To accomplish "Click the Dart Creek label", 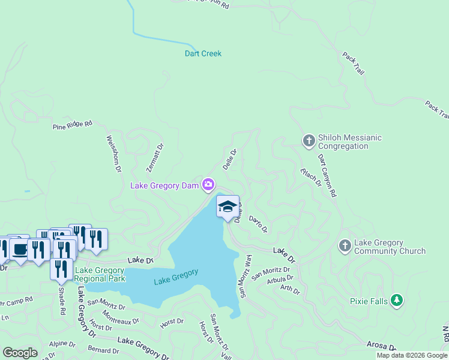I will [202, 54].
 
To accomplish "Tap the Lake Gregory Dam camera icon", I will [208, 184].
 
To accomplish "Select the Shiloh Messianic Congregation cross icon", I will [309, 142].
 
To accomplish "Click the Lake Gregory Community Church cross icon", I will [345, 245].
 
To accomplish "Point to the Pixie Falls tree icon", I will [396, 300].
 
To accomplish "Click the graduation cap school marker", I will [228, 207].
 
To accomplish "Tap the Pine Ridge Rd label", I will [73, 125].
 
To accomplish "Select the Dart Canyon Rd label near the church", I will [328, 175].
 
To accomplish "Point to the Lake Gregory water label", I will [176, 277].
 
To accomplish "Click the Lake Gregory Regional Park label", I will [100, 274].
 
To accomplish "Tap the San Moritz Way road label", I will [246, 276].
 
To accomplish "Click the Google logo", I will [20, 353].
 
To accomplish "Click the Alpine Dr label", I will [63, 344].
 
